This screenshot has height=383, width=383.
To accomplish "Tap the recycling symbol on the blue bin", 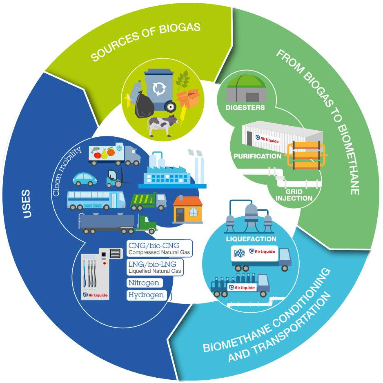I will click(158, 88).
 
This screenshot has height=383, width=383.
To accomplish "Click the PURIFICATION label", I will click(257, 156).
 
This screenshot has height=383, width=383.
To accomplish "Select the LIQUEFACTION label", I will click(251, 239).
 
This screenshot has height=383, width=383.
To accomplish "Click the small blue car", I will click(85, 178).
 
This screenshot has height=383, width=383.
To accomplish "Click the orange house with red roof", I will click(187, 209).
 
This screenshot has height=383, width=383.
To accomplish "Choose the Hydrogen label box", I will click(147, 295).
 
